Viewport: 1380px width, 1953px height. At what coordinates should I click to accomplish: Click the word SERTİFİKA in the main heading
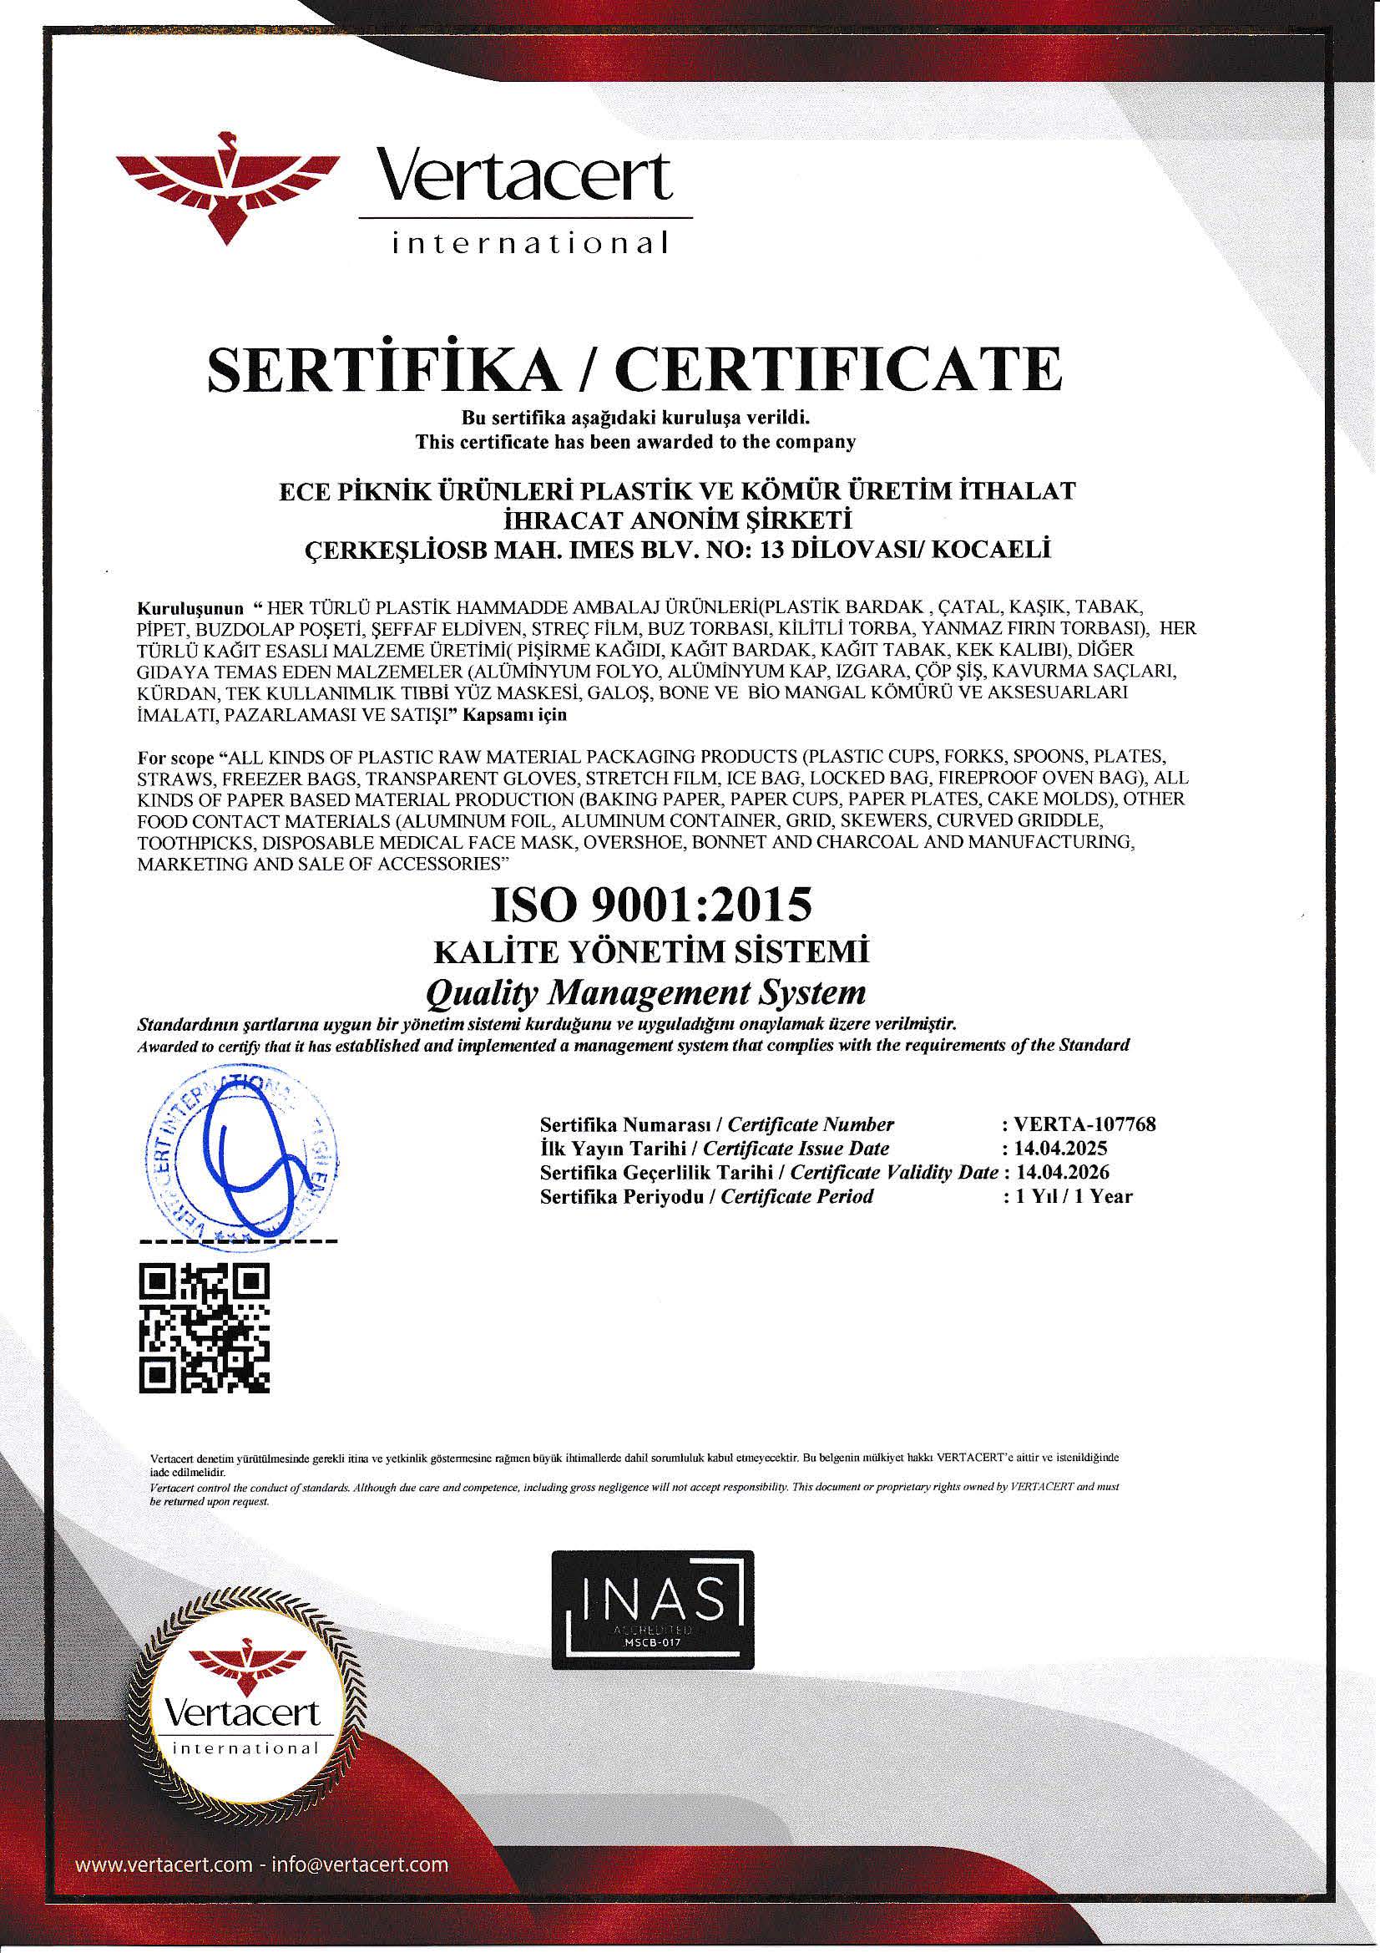[x=382, y=369]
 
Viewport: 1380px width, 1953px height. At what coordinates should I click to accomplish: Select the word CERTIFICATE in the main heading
[x=839, y=369]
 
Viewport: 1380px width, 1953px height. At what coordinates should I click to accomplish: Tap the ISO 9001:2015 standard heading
[x=651, y=905]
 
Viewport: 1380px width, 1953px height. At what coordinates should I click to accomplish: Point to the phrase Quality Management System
[x=645, y=992]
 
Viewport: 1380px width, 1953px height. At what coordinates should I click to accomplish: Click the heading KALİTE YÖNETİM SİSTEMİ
[x=651, y=951]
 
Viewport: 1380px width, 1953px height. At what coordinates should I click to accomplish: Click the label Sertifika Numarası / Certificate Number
[x=716, y=1124]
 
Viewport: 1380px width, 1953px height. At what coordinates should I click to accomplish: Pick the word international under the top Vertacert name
[x=528, y=244]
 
